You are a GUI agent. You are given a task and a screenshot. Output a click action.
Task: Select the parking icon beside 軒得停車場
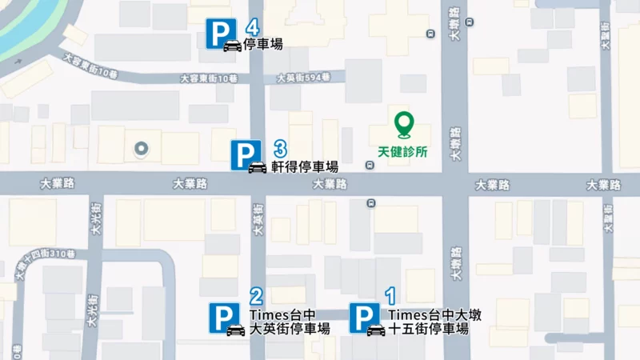point(246,154)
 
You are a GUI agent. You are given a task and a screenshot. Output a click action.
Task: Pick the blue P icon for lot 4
point(220,33)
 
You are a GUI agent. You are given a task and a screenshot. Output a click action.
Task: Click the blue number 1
point(390,296)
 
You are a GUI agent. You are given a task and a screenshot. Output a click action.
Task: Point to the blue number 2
point(257,296)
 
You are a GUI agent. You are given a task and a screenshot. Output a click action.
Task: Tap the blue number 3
point(280,148)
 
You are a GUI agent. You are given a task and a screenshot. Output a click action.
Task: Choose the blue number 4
point(253,26)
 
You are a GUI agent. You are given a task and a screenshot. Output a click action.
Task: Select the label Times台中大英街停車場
point(290,322)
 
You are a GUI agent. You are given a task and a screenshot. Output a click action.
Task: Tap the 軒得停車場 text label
point(304,166)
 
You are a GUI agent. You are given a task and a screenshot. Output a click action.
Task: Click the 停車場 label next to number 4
point(263,44)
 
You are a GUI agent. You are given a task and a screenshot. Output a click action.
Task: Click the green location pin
point(406,124)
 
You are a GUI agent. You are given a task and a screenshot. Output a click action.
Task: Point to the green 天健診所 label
point(405,150)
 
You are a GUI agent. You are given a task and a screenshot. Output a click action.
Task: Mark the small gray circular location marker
point(142,148)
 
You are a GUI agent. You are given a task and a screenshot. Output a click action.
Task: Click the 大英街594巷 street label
point(302,78)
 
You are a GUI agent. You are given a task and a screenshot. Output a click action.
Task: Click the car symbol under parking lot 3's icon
point(257,167)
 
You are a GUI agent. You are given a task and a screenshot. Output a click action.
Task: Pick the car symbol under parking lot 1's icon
point(375,330)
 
